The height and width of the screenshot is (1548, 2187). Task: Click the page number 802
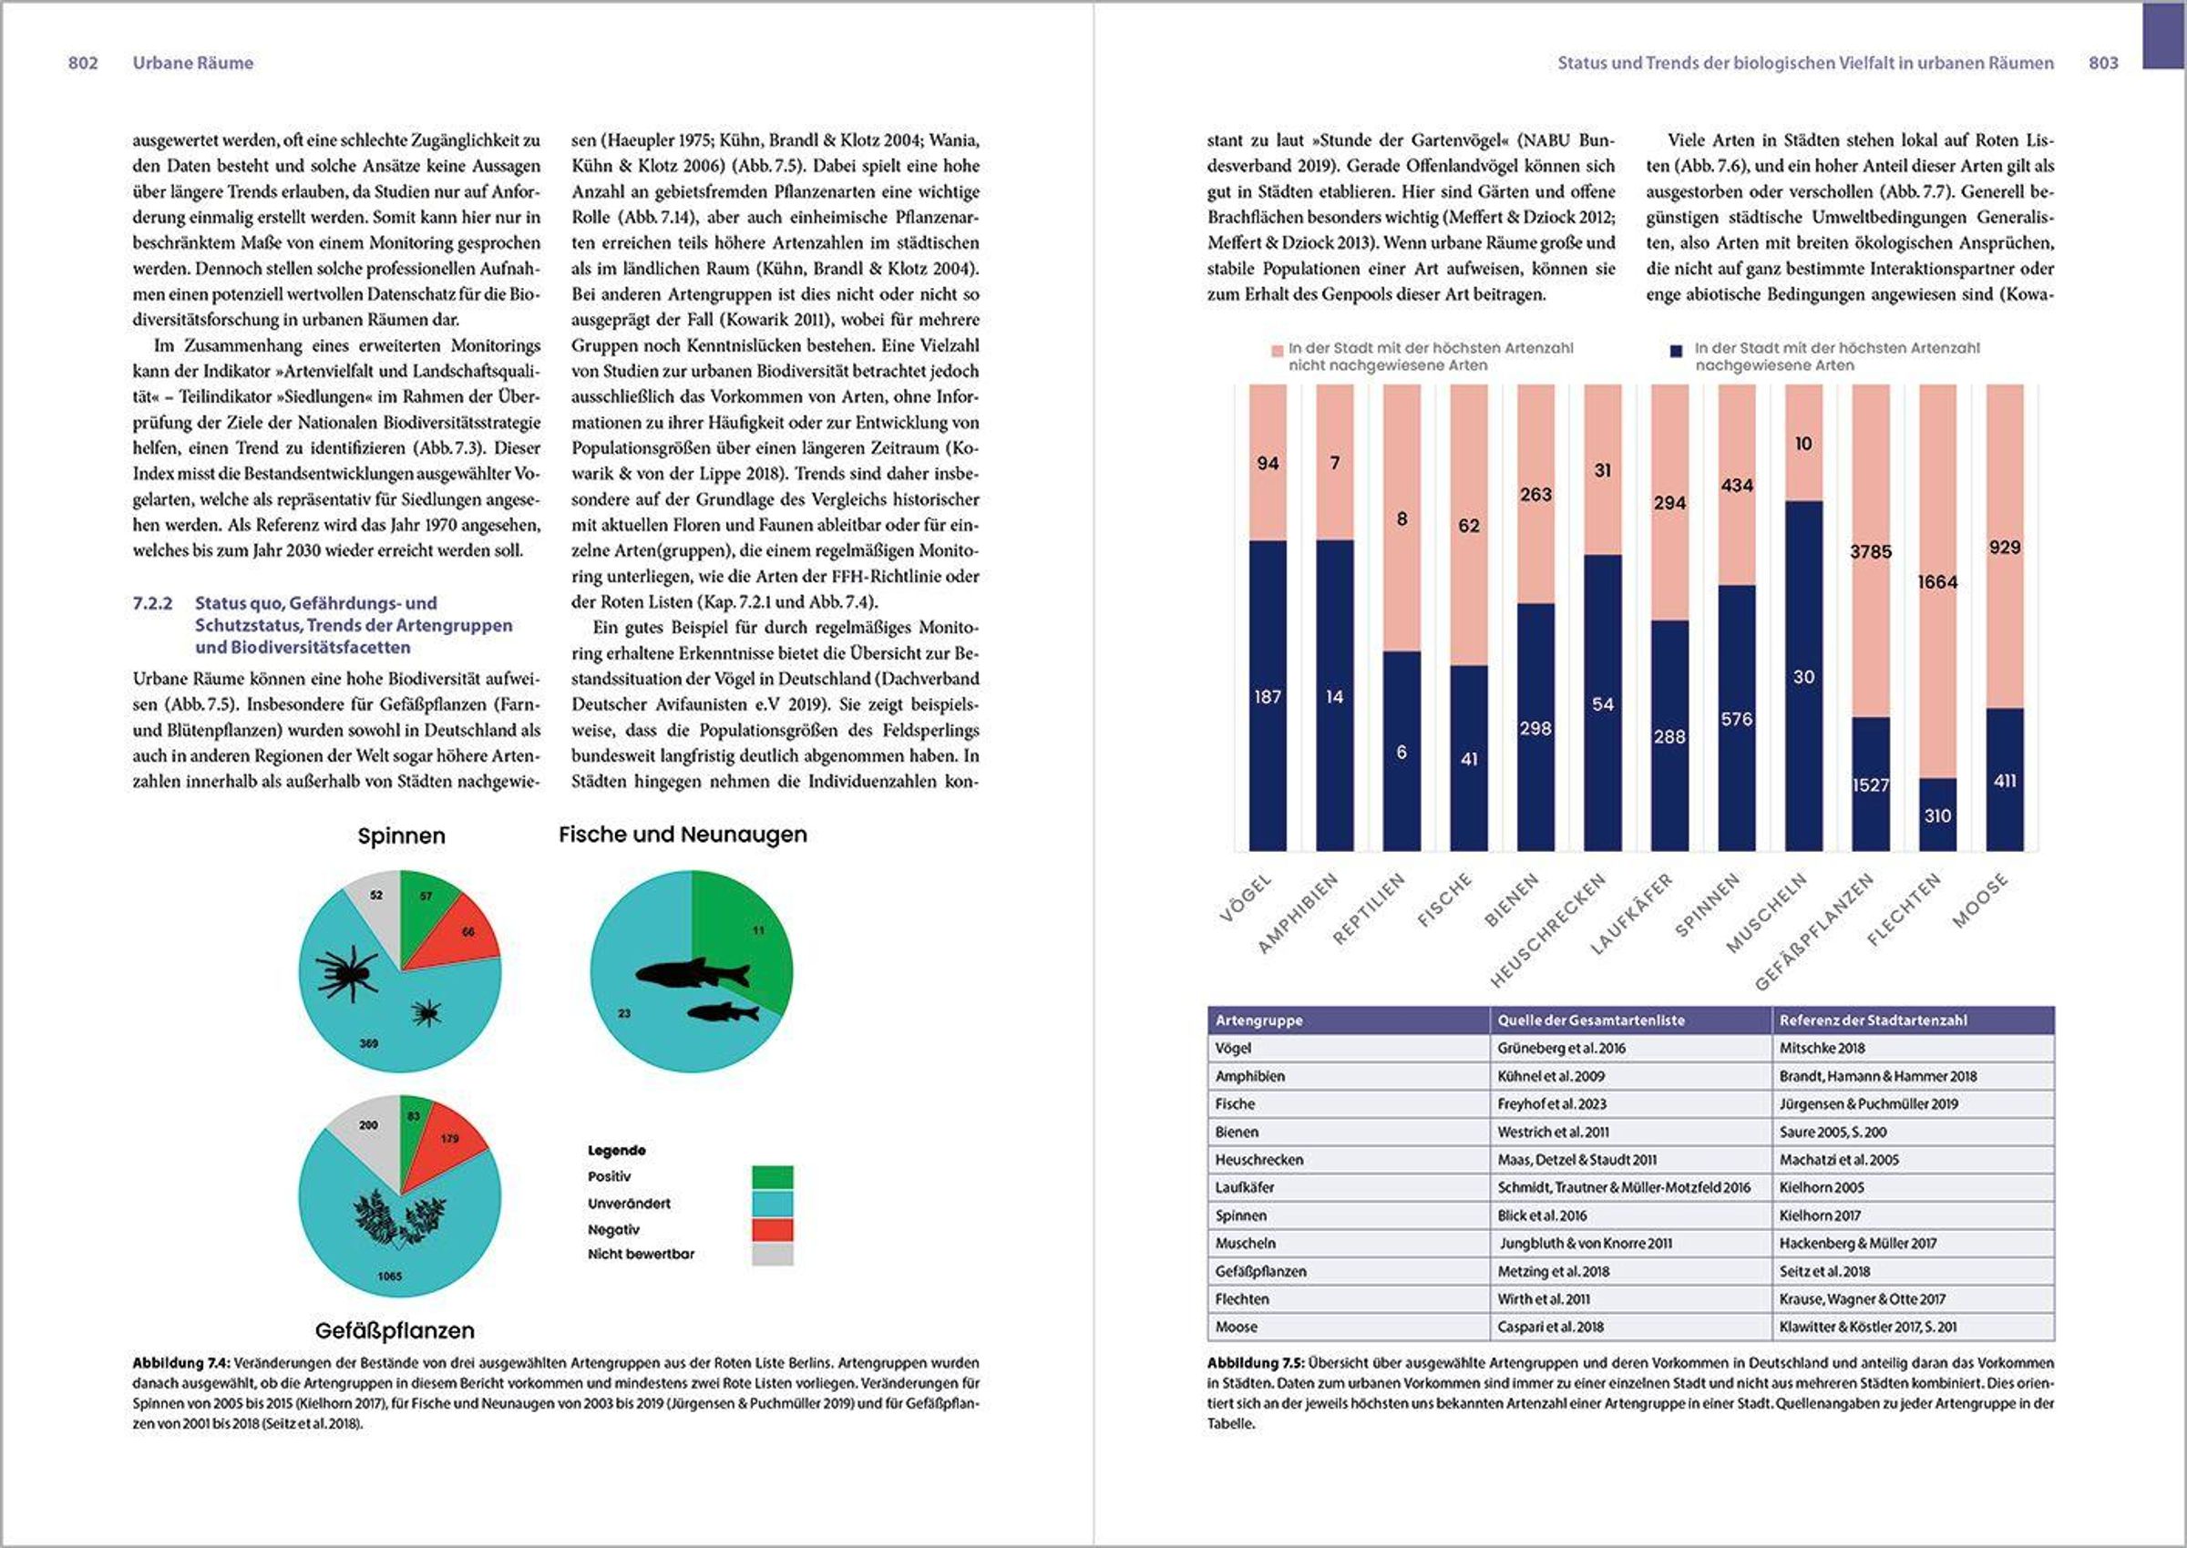tap(83, 63)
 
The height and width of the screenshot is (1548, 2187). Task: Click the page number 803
tap(2103, 63)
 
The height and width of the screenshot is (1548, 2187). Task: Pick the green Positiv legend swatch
tap(772, 1177)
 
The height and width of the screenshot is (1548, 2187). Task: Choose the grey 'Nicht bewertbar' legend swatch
tap(772, 1255)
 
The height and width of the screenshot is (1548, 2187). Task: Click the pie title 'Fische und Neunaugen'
tap(683, 835)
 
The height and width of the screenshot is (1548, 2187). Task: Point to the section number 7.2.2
tap(152, 603)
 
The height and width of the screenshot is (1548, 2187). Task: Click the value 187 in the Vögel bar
tap(1267, 697)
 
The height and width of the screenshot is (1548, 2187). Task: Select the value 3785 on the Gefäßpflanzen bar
tap(1871, 552)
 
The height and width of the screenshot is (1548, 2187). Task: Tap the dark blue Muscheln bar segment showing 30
tap(1802, 677)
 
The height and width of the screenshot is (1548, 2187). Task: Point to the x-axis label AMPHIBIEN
tap(1299, 913)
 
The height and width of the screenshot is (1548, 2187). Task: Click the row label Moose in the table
tap(1236, 1327)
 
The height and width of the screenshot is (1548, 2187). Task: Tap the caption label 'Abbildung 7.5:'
tap(1255, 1363)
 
